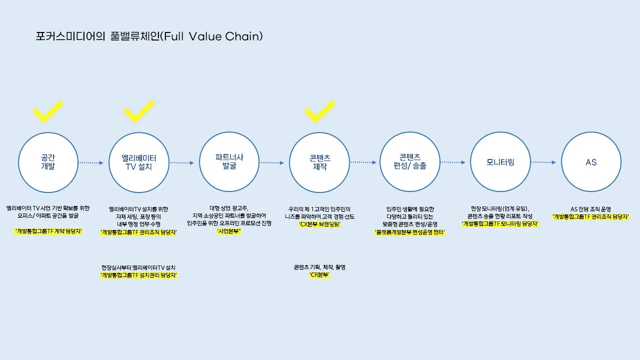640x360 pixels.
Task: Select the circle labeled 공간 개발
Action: tap(48, 162)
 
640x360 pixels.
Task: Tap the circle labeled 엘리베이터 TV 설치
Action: tap(138, 162)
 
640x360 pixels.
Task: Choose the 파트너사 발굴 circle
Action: tap(229, 162)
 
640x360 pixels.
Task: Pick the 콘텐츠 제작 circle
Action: tap(319, 162)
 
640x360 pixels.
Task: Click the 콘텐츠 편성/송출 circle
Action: tap(410, 162)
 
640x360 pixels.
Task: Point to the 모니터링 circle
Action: tap(500, 162)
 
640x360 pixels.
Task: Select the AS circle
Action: tap(591, 162)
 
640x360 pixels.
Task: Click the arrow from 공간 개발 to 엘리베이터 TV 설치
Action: tap(93, 162)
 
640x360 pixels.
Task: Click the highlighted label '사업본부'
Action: tap(228, 231)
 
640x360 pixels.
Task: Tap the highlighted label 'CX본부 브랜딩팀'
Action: tap(319, 224)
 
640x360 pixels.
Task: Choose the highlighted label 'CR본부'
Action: tap(319, 275)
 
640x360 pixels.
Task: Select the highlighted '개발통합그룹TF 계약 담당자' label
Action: tap(48, 231)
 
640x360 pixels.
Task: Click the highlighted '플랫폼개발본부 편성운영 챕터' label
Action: tap(410, 232)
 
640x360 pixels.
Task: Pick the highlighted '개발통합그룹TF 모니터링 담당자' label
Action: tap(500, 224)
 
